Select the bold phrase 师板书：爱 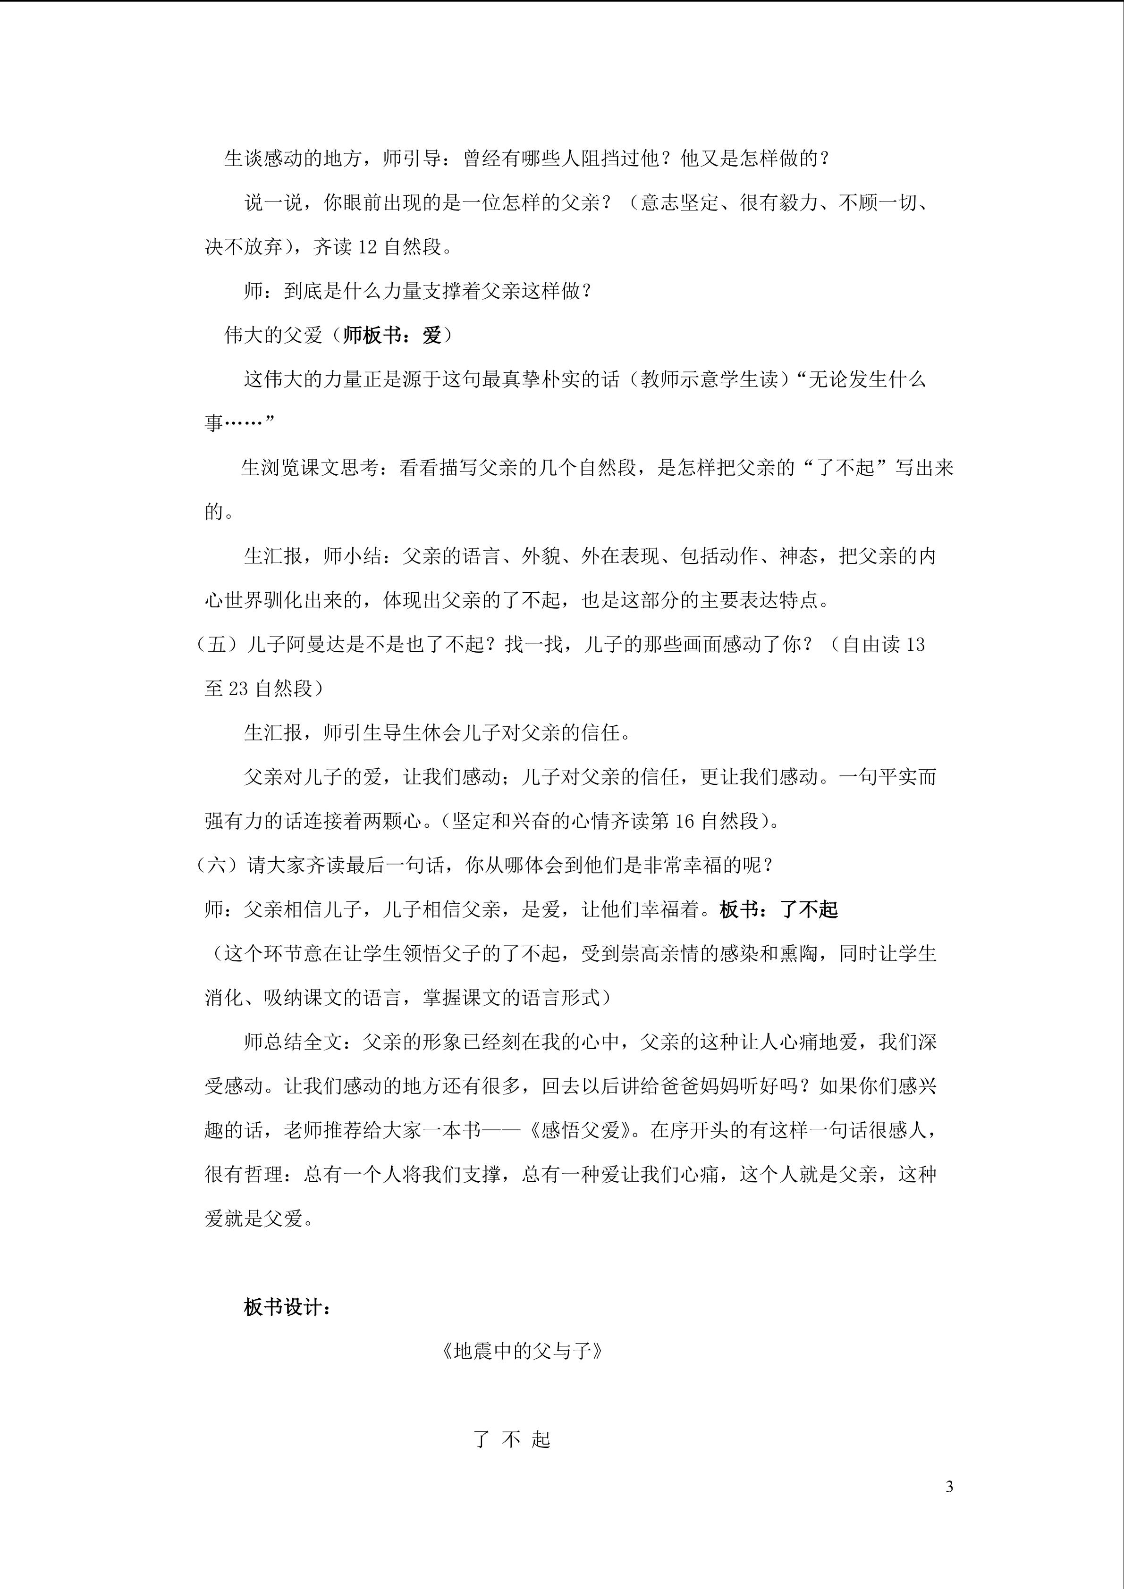pyautogui.click(x=392, y=336)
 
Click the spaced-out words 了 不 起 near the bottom pyautogui.click(x=512, y=1439)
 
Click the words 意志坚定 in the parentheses pyautogui.click(x=680, y=203)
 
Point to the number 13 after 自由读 pyautogui.click(x=914, y=644)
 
